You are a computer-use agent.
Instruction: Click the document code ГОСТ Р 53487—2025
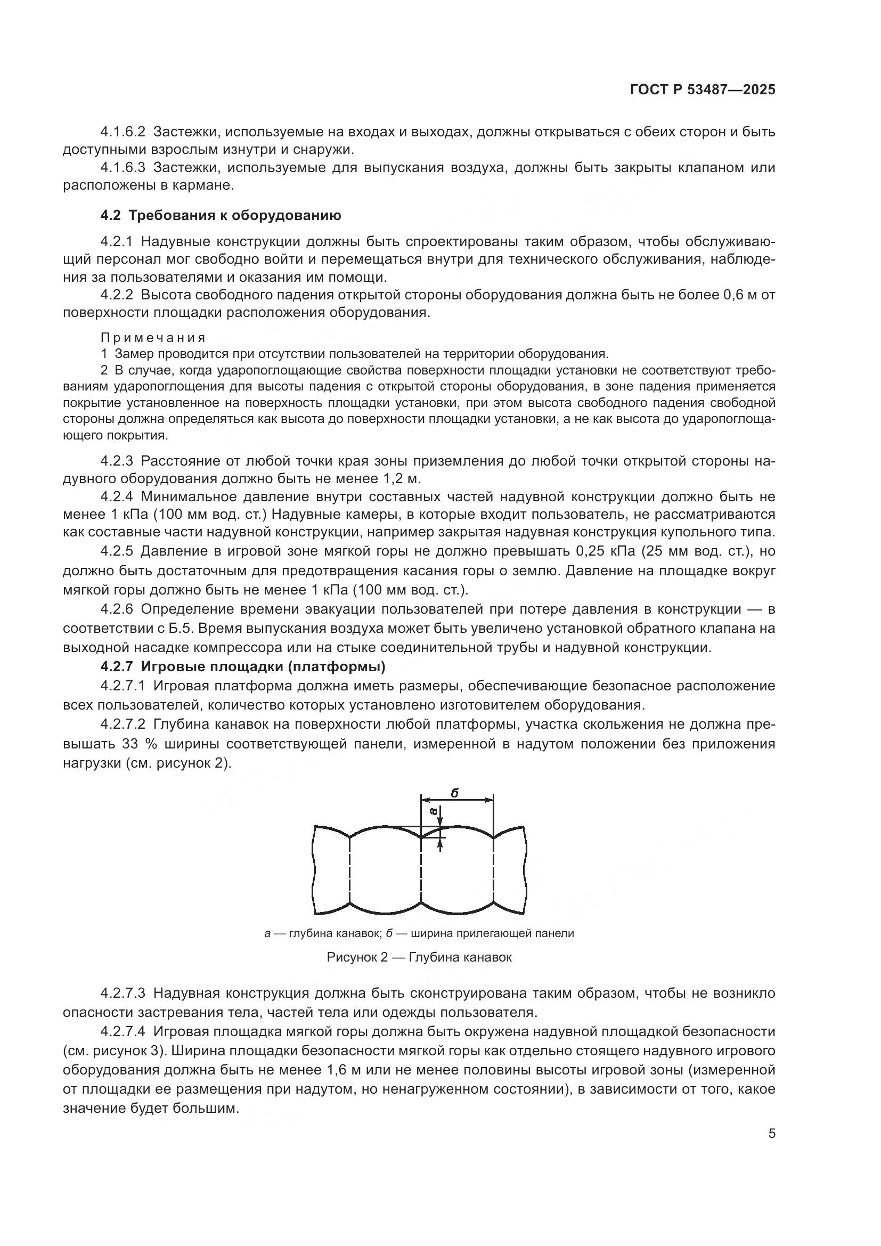tap(703, 89)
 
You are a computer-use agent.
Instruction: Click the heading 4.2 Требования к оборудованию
tap(221, 215)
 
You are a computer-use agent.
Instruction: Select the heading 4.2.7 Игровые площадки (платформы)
tap(242, 666)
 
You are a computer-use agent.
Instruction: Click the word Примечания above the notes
tap(153, 338)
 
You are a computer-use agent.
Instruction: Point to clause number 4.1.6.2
tap(123, 132)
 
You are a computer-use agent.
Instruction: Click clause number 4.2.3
tap(117, 461)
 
